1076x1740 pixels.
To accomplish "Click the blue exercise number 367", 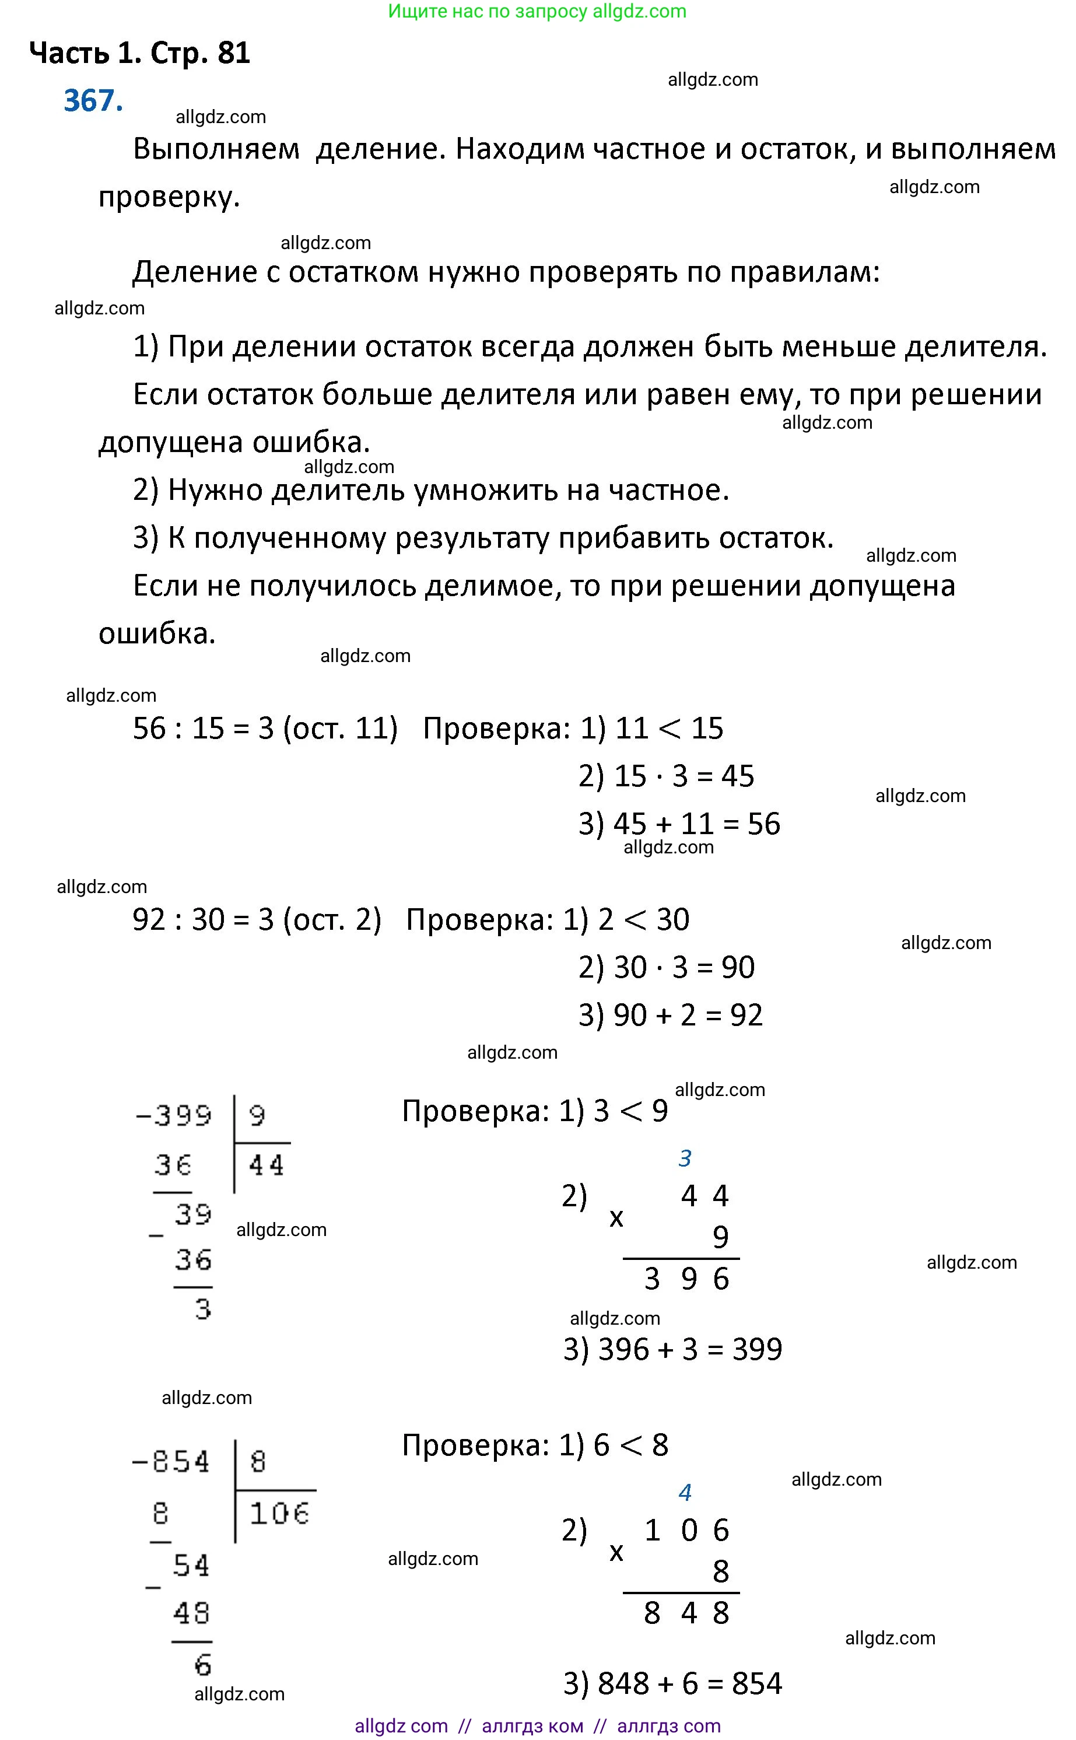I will (93, 101).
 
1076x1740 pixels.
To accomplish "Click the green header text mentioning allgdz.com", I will (537, 12).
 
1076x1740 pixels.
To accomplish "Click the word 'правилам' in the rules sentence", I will (804, 272).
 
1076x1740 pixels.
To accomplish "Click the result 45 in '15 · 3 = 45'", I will (737, 776).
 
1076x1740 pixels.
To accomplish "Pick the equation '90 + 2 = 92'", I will (688, 1016).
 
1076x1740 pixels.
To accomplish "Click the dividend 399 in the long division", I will (183, 1115).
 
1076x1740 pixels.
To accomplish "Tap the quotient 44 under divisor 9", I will (266, 1165).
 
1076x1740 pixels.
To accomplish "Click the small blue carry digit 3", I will (685, 1158).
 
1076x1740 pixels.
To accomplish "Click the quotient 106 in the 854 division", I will (279, 1514).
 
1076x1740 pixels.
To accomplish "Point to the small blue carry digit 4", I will (685, 1492).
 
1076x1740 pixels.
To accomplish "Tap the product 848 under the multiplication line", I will (687, 1613).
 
